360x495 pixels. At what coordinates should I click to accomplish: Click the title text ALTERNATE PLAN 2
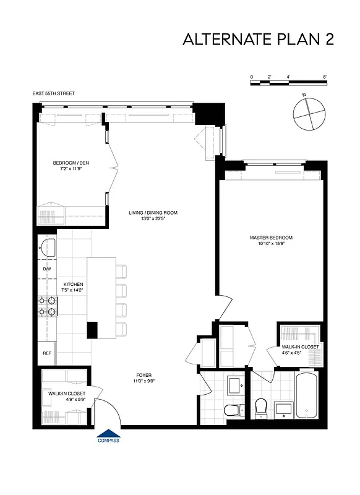[x=259, y=39]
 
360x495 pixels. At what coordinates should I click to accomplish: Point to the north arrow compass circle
[x=307, y=113]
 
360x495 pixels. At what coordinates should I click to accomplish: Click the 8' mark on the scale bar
[x=325, y=77]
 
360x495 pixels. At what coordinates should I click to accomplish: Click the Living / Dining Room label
[x=153, y=213]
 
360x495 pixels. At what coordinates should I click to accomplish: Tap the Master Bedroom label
[x=271, y=238]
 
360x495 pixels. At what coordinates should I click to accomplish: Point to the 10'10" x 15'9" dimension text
[x=271, y=244]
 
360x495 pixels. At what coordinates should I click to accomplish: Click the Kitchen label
[x=73, y=284]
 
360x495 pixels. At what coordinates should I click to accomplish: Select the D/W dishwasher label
[x=47, y=269]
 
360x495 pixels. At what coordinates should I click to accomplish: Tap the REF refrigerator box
[x=47, y=353]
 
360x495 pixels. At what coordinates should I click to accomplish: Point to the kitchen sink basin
[x=47, y=247]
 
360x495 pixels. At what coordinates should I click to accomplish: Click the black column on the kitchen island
[x=92, y=330]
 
